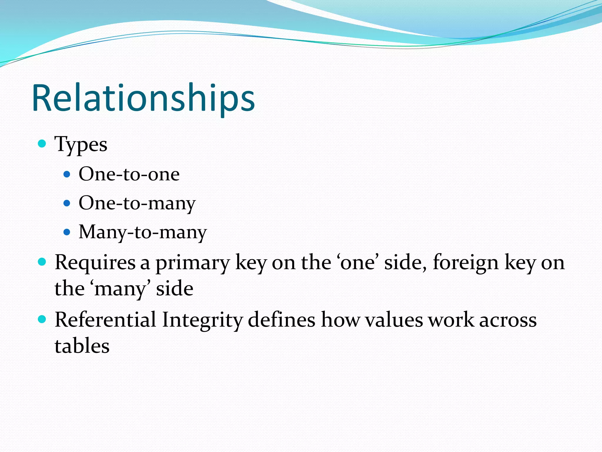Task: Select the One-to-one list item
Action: [129, 174]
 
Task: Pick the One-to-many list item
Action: [137, 203]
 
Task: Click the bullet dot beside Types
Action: [42, 144]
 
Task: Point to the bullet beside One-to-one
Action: [67, 175]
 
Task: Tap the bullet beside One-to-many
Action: [67, 203]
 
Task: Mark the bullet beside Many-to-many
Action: [67, 232]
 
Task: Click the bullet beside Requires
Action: [42, 262]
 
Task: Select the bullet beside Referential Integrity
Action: [42, 319]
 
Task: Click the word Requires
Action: [95, 262]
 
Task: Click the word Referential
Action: [105, 320]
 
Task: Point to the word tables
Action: [82, 346]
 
